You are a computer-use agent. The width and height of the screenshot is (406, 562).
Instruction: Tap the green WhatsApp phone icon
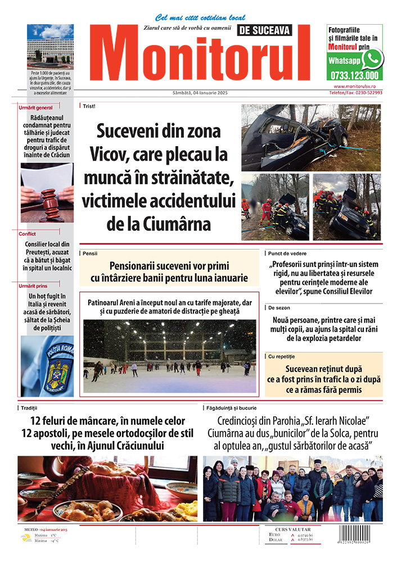372,58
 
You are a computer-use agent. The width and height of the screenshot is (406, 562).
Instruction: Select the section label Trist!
89,106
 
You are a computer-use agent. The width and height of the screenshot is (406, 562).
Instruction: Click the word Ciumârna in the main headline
177,225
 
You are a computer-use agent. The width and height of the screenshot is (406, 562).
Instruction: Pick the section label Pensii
90,253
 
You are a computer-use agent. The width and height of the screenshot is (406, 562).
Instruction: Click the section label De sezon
279,308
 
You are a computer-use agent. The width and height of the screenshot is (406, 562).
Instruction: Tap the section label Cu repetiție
282,356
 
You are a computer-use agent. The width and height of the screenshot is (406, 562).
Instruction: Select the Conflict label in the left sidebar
27,234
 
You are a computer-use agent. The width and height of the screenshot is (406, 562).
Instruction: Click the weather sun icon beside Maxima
26,537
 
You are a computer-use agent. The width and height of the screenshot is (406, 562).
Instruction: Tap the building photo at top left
50,46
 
